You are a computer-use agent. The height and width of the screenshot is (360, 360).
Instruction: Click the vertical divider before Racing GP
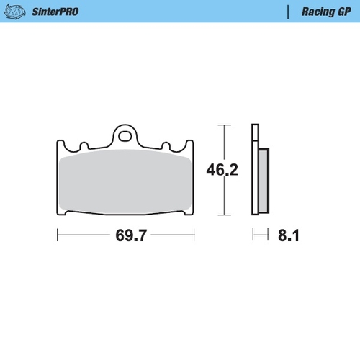pyautogui.click(x=288, y=12)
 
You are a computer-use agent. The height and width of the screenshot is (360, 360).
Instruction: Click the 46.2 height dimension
pyautogui.click(x=223, y=170)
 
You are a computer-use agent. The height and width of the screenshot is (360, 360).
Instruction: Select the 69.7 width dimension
pyautogui.click(x=127, y=235)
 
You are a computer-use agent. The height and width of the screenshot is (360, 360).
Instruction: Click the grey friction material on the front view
pyautogui.click(x=126, y=184)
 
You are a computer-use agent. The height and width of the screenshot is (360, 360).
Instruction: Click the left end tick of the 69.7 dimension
pyautogui.click(x=58, y=235)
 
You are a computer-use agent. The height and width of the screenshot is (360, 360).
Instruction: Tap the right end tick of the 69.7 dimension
pyautogui.click(x=194, y=235)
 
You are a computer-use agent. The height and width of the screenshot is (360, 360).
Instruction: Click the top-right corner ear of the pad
pyautogui.click(x=192, y=144)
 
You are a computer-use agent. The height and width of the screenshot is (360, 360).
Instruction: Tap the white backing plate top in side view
pyautogui.click(x=255, y=133)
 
